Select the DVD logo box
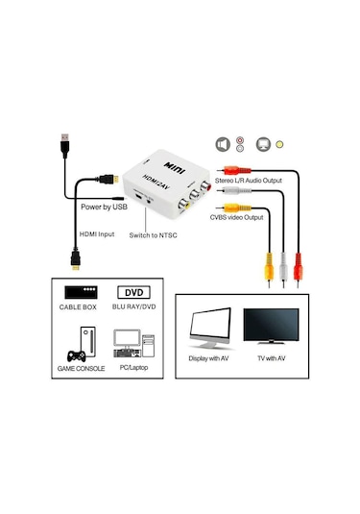coord(136,292)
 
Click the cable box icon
coord(80,292)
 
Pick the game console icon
coord(80,341)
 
